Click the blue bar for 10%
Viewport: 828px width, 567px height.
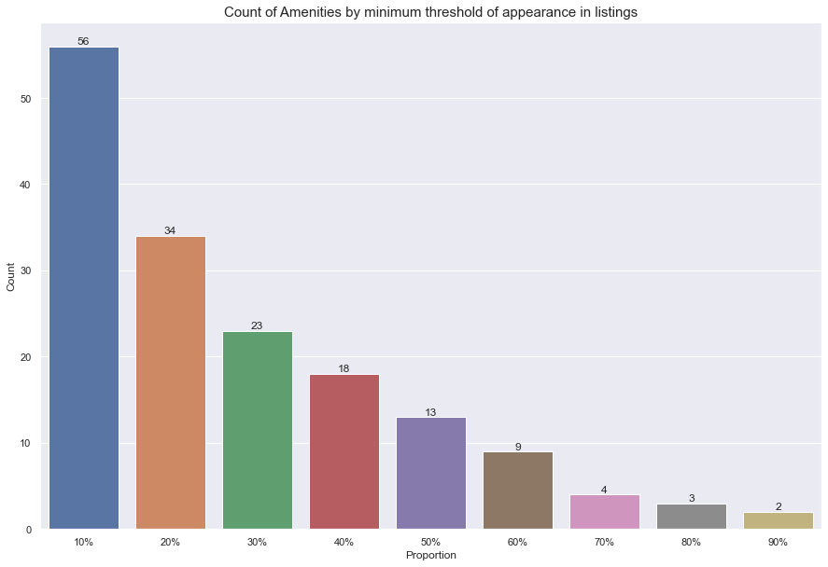(83, 288)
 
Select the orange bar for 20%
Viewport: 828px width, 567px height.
(170, 382)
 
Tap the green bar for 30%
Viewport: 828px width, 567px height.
(257, 430)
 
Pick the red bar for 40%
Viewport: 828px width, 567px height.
(344, 451)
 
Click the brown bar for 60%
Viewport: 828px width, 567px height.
(517, 491)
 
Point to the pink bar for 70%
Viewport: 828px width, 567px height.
(604, 512)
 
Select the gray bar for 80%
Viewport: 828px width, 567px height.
(691, 517)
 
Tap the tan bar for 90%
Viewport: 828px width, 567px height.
(778, 520)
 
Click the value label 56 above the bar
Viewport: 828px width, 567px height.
(83, 41)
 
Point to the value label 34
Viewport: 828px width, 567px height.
(170, 230)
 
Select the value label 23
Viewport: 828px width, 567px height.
(257, 325)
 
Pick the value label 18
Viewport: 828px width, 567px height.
(344, 368)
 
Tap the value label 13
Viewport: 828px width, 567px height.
(430, 411)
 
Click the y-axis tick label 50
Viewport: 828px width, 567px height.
(26, 99)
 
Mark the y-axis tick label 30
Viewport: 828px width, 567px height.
(26, 271)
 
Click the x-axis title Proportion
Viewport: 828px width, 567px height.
(430, 555)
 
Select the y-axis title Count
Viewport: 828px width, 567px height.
(12, 277)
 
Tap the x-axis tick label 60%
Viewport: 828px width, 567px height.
(517, 541)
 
